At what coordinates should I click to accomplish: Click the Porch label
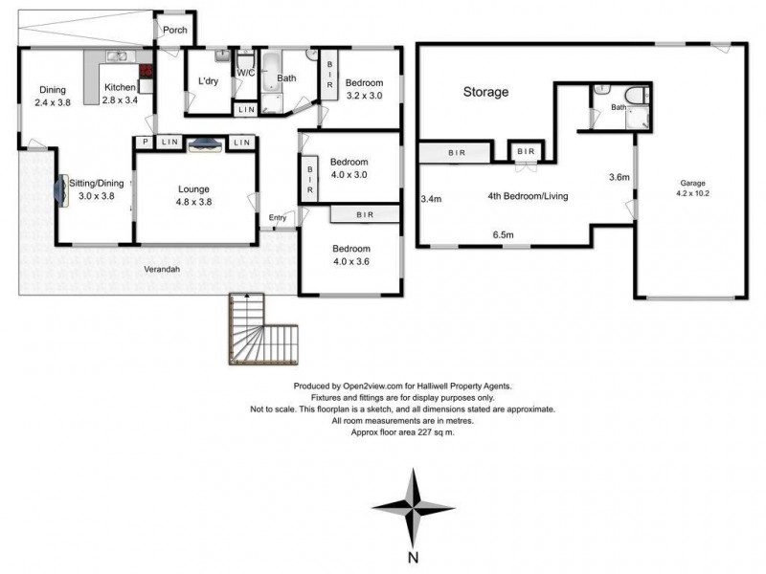coord(174,31)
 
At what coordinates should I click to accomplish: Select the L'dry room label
coord(208,81)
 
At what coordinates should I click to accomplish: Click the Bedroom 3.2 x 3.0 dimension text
coord(364,96)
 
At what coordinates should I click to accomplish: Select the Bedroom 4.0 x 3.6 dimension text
coord(351,260)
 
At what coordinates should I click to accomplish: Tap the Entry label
coord(278,218)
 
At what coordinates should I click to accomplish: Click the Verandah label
coord(164,269)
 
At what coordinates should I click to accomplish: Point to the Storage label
coord(485,93)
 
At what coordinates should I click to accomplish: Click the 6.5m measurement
coord(503,234)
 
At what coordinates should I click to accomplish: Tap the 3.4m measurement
coord(431,200)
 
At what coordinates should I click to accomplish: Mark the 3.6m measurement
coord(619,177)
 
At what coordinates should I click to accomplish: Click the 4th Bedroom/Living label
coord(528,197)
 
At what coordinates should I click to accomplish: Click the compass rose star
coord(412,506)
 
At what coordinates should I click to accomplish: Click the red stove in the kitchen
coord(146,72)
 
